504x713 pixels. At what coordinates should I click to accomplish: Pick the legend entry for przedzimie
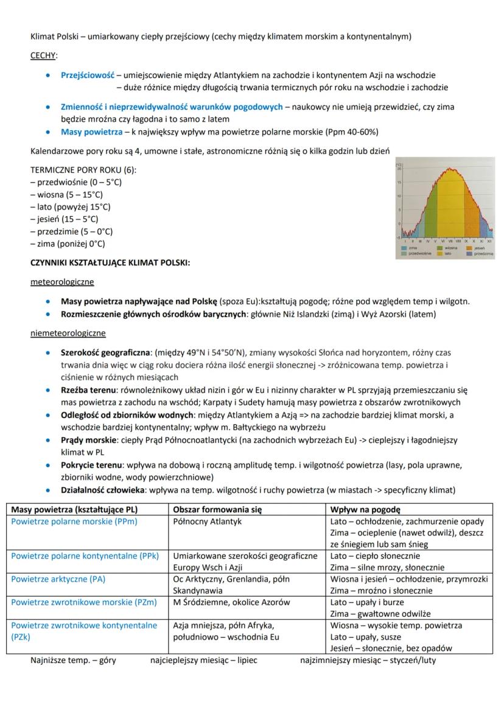coord(483,253)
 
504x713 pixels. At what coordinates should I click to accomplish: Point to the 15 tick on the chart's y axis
coord(399,183)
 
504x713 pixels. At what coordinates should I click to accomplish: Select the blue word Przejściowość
coord(88,76)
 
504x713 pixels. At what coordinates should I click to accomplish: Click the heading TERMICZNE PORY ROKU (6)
coord(83,170)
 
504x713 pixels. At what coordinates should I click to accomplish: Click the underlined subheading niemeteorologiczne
coord(68,333)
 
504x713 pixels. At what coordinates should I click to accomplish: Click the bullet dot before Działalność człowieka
coord(48,490)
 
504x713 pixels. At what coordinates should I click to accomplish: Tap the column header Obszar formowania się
coord(217,510)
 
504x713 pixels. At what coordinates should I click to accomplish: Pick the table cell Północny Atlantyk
coord(208,521)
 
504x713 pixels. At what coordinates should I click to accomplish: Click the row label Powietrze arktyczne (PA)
coord(58,579)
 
